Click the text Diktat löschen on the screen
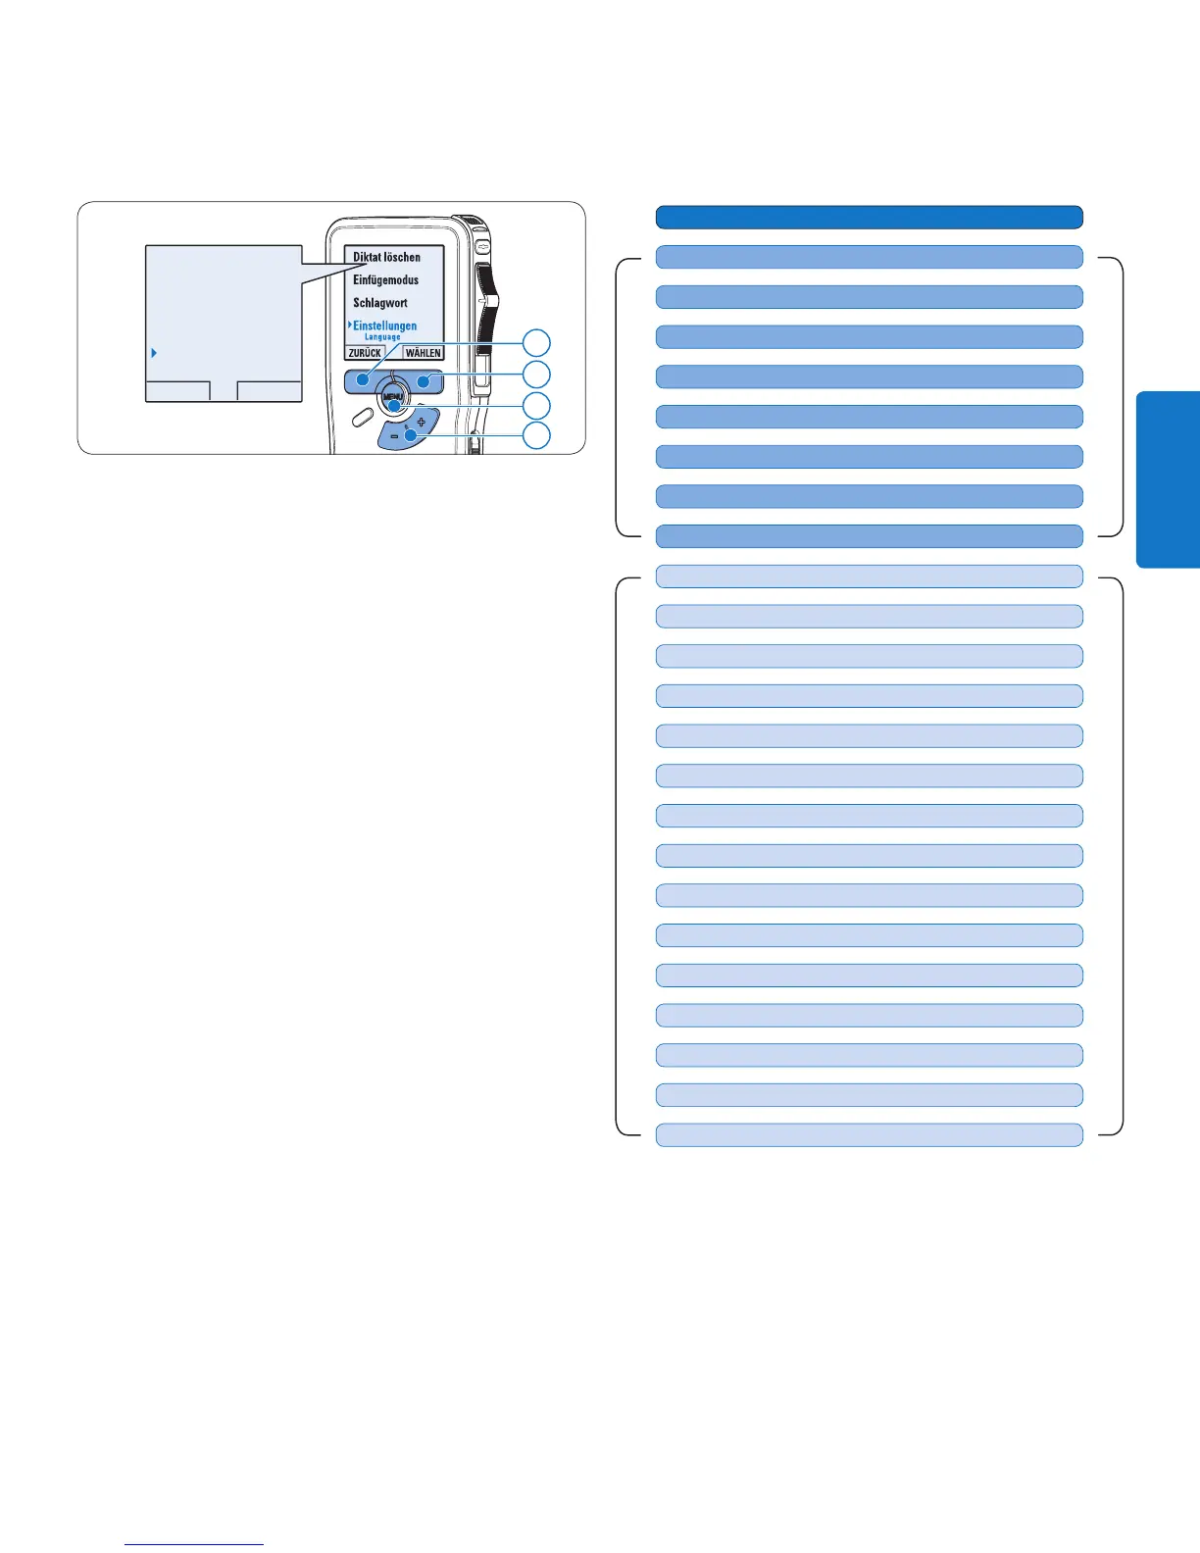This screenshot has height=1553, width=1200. (386, 257)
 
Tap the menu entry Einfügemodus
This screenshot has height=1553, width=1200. (385, 280)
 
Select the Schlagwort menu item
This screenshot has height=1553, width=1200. (380, 303)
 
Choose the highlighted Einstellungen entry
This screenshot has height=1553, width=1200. (384, 326)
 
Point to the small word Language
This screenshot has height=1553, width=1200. (382, 337)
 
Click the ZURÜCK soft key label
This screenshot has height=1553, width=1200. (365, 353)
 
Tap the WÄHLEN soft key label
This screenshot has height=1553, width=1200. (424, 353)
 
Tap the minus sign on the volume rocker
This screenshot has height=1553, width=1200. (394, 435)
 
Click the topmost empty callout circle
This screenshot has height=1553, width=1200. (536, 342)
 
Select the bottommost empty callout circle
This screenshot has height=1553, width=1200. (536, 435)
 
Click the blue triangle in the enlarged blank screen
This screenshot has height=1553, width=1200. (154, 352)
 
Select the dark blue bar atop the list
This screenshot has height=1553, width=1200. (869, 217)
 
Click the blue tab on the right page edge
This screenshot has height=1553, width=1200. (1169, 479)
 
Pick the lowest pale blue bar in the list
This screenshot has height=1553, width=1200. (869, 1134)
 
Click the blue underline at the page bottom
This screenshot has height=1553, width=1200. (195, 1544)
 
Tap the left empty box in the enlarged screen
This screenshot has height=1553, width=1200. (177, 390)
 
